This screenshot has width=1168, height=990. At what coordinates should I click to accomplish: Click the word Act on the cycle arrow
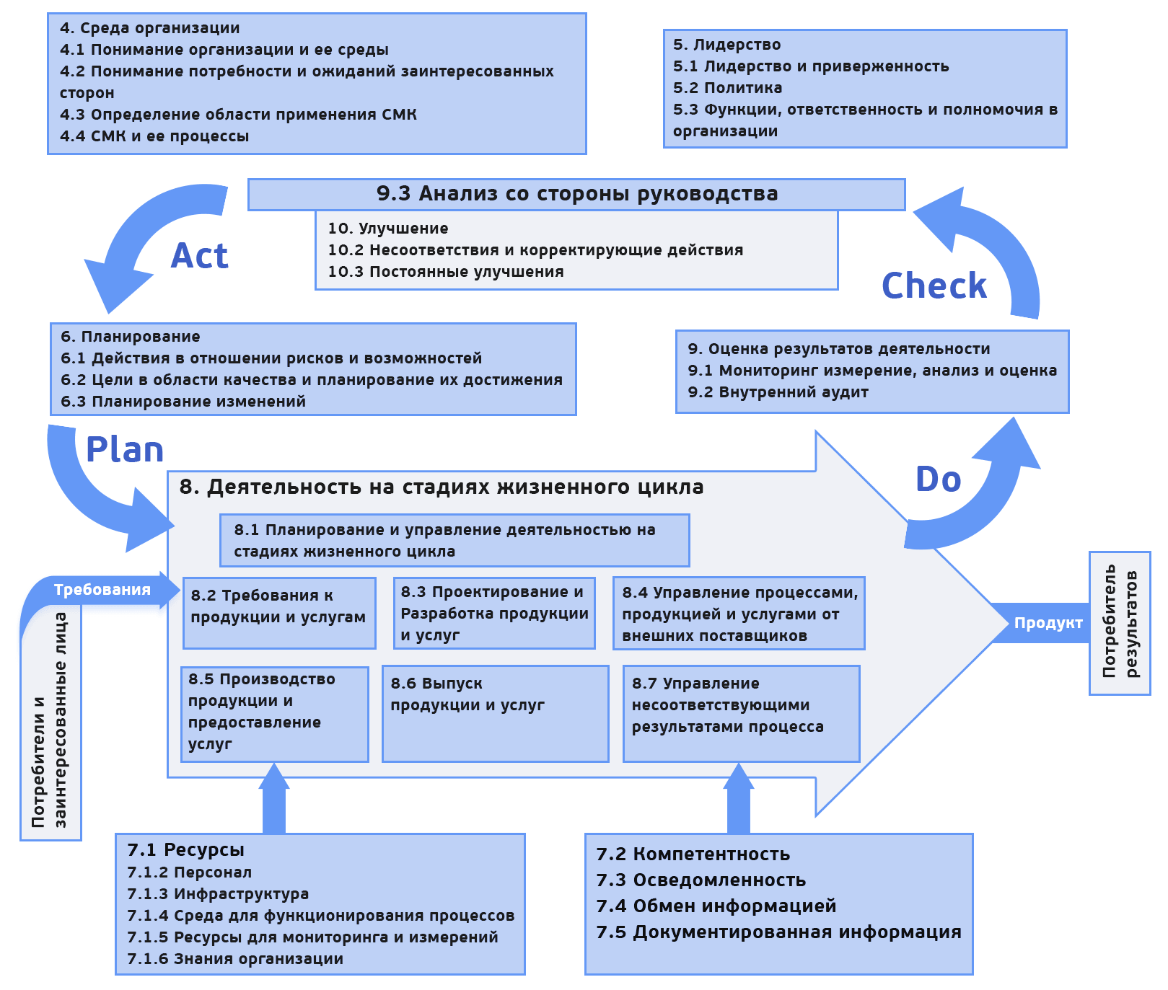[x=200, y=256]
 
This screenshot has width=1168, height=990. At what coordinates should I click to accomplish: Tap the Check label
[x=934, y=286]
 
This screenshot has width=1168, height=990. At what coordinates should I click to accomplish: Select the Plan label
[x=125, y=450]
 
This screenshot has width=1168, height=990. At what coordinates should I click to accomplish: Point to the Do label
[x=938, y=479]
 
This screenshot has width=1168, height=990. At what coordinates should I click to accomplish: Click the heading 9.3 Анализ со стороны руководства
[x=576, y=194]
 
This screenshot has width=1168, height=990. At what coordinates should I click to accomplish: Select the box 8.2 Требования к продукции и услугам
[x=279, y=613]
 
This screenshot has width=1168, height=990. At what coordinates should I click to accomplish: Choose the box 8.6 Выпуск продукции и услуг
[x=495, y=712]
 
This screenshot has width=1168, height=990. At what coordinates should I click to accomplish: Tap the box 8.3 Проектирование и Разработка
[x=494, y=613]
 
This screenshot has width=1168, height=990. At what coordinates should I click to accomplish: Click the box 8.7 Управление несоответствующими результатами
[x=741, y=712]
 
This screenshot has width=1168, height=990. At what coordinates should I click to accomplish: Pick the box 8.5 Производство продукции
[x=274, y=712]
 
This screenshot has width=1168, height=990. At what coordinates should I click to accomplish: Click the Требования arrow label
[x=102, y=590]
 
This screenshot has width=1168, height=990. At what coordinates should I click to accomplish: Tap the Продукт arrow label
[x=1048, y=623]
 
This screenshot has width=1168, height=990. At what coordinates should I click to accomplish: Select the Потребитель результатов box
[x=1120, y=622]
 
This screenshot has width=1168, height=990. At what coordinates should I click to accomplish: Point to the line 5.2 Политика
[x=727, y=88]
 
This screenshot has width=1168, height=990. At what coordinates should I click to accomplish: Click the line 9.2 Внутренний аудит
[x=778, y=392]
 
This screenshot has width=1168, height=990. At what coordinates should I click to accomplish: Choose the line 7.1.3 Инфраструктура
[x=218, y=894]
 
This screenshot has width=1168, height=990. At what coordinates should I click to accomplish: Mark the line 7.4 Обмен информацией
[x=716, y=906]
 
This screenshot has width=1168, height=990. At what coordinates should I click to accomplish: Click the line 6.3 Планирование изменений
[x=183, y=402]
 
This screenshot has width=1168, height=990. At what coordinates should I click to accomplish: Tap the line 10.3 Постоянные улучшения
[x=446, y=272]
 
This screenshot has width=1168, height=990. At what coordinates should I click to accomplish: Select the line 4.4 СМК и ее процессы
[x=154, y=136]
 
